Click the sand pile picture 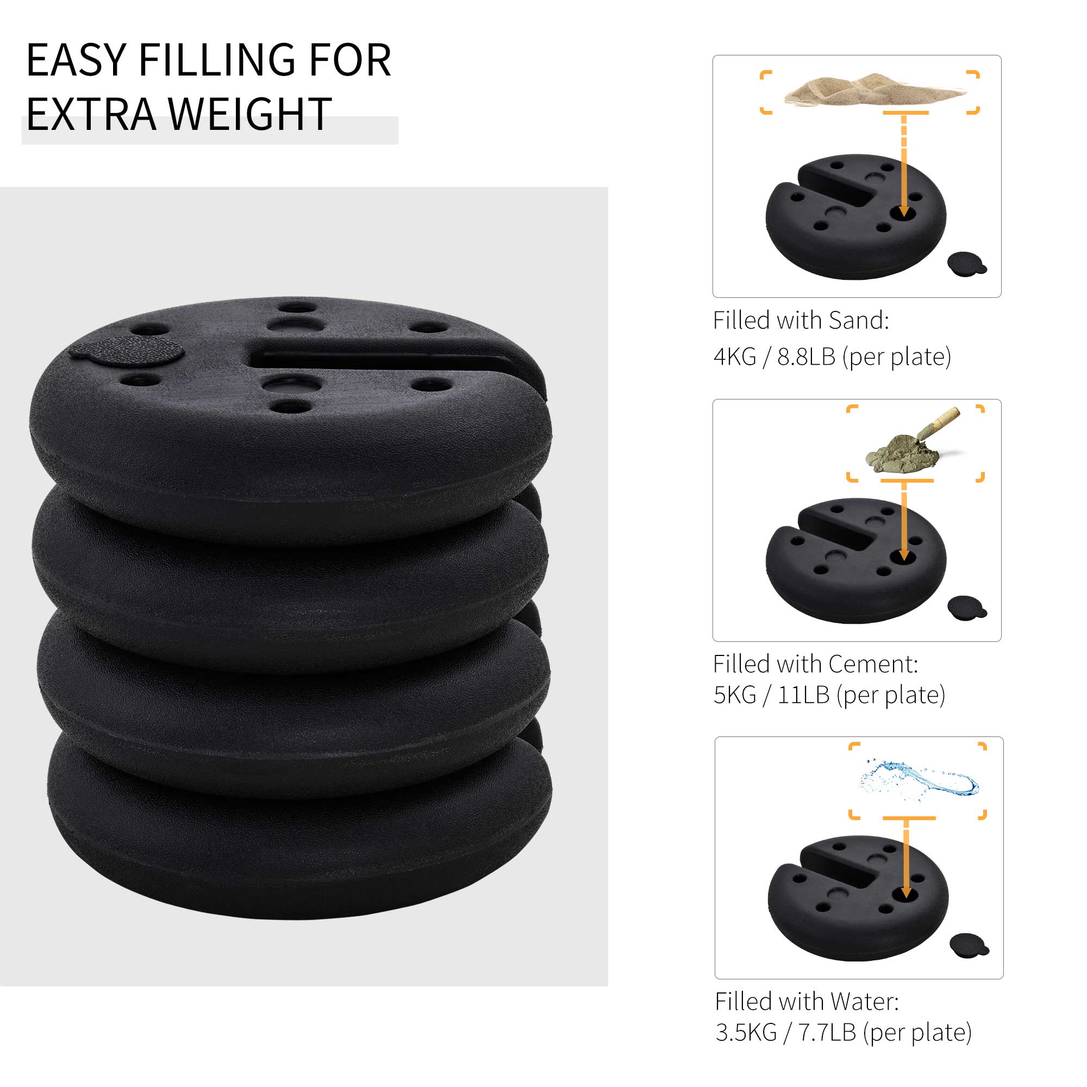pos(872,89)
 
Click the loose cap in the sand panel pos(966,264)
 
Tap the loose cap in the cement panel pos(966,608)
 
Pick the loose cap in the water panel pos(969,945)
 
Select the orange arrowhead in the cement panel pos(904,555)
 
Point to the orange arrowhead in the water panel pos(906,893)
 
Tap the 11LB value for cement pos(803,695)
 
